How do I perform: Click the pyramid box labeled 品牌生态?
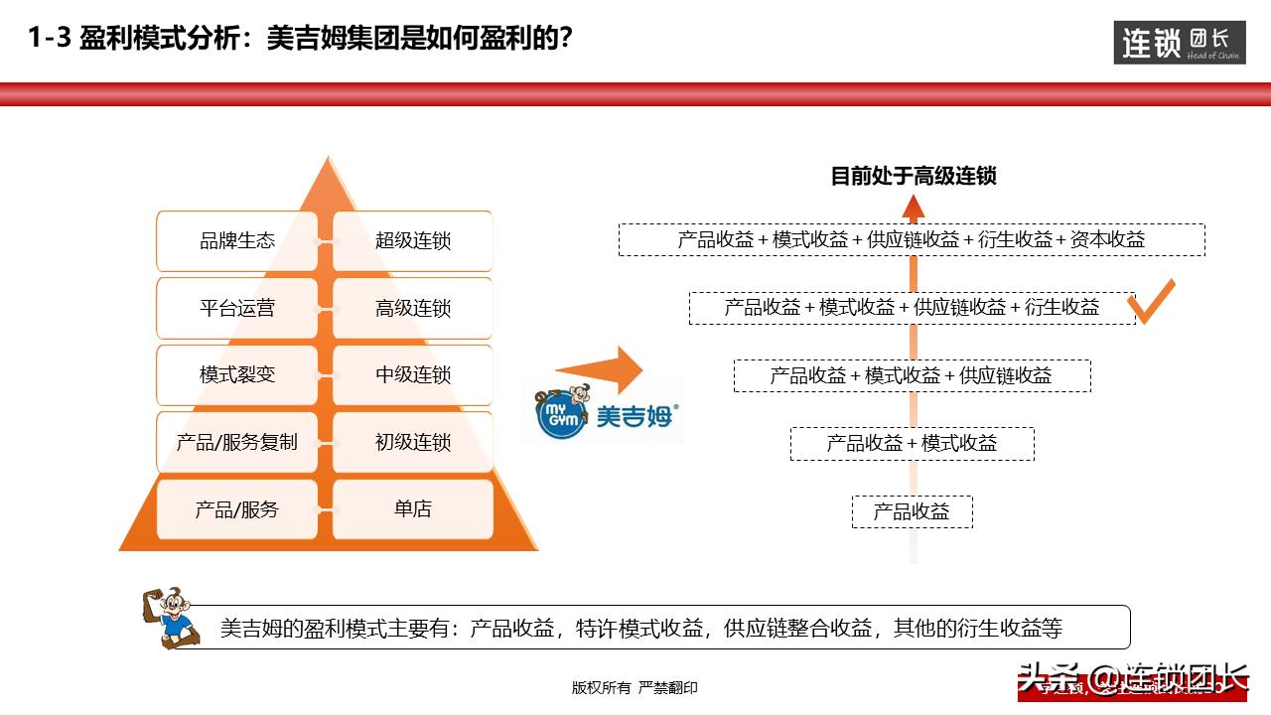point(237,240)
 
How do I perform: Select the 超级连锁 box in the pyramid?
point(412,240)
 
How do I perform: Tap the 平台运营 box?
point(237,308)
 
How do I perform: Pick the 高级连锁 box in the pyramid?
point(412,308)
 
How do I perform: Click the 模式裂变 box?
point(237,374)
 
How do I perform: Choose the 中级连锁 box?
point(412,374)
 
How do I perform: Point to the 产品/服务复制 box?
point(237,442)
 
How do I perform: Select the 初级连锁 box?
point(412,442)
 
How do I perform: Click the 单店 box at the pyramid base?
point(412,509)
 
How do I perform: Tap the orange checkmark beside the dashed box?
point(1153,302)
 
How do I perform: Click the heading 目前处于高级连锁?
point(913,177)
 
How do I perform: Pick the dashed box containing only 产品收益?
point(912,511)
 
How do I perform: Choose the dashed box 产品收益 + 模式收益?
point(912,443)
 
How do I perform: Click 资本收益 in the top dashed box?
point(1107,239)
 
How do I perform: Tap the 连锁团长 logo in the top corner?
point(1180,43)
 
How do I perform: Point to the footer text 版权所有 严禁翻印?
point(635,687)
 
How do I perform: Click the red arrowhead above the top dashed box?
point(914,207)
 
